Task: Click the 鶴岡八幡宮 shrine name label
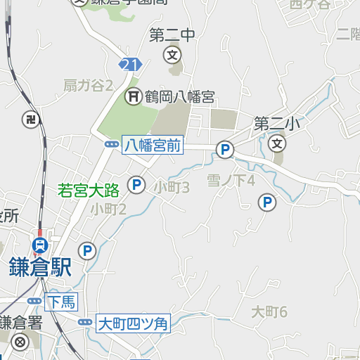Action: (x=179, y=97)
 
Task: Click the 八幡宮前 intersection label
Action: (x=153, y=146)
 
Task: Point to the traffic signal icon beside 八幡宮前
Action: (x=112, y=144)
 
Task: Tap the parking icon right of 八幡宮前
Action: (x=225, y=149)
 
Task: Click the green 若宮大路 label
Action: (x=89, y=188)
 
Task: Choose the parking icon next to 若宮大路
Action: (x=136, y=186)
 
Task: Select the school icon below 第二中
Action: (x=172, y=54)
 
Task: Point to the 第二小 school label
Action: (x=277, y=124)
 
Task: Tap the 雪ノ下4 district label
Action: (x=231, y=181)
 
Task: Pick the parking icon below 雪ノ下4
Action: (x=267, y=203)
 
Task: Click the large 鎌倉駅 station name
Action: (x=41, y=267)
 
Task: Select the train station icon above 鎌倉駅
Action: (x=40, y=245)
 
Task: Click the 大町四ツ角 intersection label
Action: (x=133, y=324)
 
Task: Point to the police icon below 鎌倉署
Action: (x=20, y=342)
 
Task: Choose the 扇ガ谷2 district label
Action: (x=89, y=86)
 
